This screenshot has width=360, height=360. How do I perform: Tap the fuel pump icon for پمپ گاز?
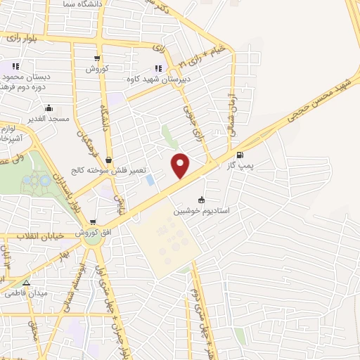click(x=241, y=155)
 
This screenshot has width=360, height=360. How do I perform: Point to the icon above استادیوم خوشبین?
click(x=202, y=200)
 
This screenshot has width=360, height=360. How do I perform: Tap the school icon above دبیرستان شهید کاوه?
click(x=158, y=68)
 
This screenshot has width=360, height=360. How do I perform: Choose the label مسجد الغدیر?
click(x=48, y=119)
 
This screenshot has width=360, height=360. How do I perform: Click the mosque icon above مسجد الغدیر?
click(x=49, y=108)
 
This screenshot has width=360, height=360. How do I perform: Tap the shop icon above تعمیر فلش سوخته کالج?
click(x=108, y=160)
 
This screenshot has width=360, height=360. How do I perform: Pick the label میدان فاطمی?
click(x=26, y=292)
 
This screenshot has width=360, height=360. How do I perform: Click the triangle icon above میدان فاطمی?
click(x=27, y=283)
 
